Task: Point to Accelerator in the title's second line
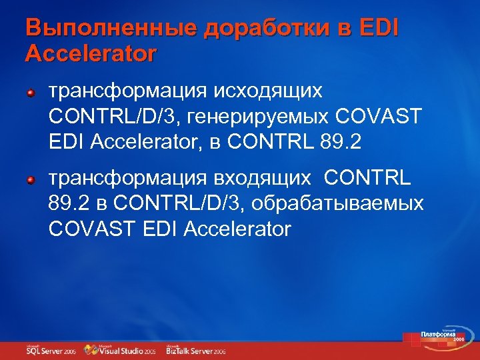coord(91,53)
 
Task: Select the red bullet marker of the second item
coord(31,181)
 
